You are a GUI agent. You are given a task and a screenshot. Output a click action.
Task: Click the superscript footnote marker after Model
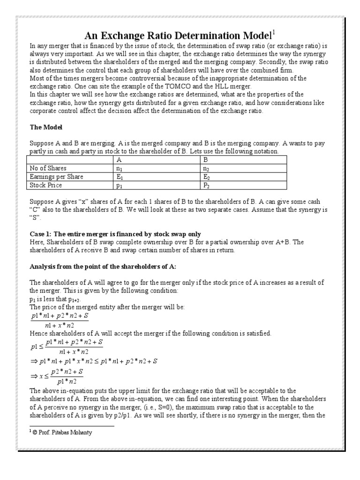pyautogui.click(x=273, y=32)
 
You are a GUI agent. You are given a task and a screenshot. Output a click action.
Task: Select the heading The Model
pyautogui.click(x=46, y=127)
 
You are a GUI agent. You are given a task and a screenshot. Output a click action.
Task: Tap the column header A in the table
pyautogui.click(x=125, y=160)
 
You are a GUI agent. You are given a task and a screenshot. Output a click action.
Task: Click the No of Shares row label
pyautogui.click(x=48, y=168)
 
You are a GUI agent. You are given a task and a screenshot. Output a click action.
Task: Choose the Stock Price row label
pyautogui.click(x=45, y=185)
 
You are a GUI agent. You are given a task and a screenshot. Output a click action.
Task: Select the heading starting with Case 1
pyautogui.click(x=115, y=233)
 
